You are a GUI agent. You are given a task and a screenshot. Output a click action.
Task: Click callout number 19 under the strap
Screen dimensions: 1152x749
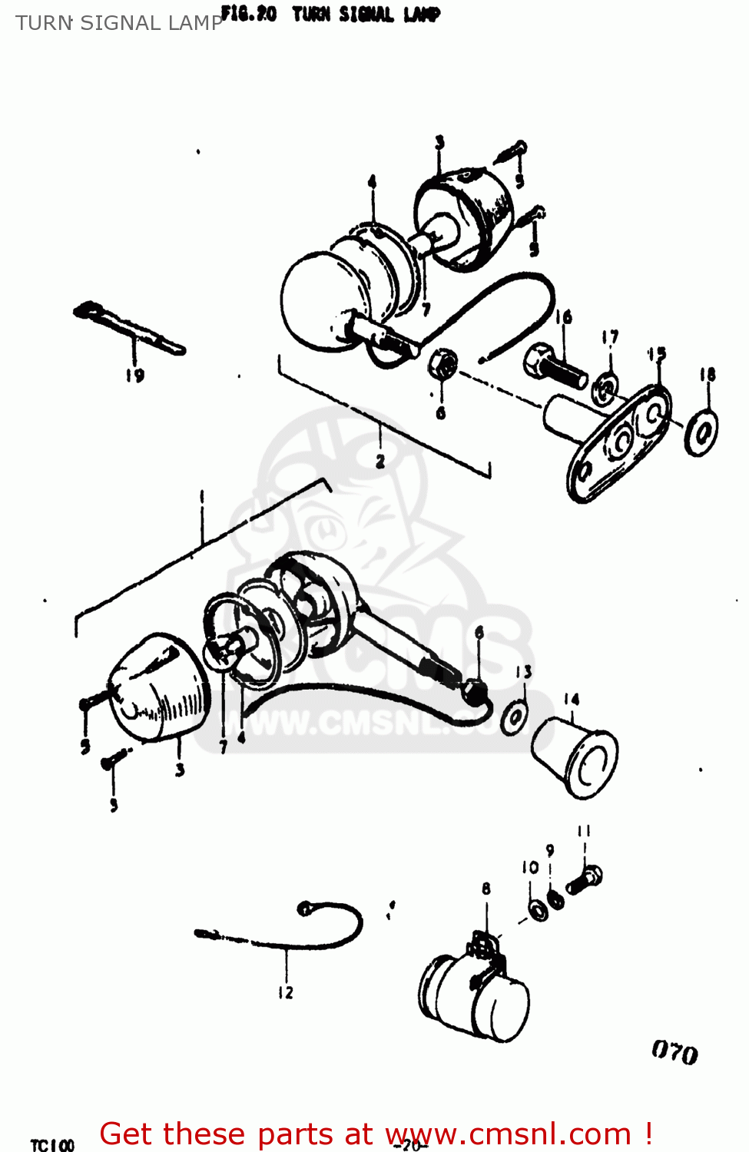[x=134, y=376]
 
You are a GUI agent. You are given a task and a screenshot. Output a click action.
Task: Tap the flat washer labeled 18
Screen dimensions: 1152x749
[x=701, y=432]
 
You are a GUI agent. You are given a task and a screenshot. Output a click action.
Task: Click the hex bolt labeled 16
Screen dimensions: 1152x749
[x=555, y=367]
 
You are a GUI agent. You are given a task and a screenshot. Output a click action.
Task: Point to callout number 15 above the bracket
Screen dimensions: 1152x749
[x=657, y=354]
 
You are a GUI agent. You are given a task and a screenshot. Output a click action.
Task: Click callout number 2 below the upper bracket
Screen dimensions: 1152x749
[x=380, y=462]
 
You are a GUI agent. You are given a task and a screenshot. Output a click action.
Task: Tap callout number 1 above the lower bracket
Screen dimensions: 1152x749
[x=201, y=497]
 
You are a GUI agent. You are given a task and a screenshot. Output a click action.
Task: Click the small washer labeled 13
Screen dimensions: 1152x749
[x=513, y=718]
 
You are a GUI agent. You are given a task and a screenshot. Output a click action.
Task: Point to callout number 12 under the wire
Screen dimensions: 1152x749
[x=286, y=992]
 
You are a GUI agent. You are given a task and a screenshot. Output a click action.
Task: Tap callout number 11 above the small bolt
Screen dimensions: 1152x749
[x=584, y=830]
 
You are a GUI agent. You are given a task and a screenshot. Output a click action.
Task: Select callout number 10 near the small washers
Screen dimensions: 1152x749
[x=530, y=867]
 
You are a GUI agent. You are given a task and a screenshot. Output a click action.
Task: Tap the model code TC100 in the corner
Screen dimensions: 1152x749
[x=52, y=1145]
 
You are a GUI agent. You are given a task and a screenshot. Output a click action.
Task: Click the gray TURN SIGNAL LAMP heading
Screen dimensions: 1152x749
[x=119, y=23]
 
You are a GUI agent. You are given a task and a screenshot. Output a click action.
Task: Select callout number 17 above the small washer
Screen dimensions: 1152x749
[x=610, y=337]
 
